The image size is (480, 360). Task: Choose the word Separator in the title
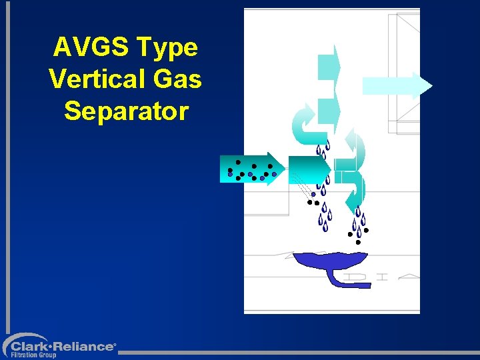coord(127,111)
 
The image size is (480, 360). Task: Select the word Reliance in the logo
coord(85,347)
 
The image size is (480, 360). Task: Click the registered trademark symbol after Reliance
coord(115,344)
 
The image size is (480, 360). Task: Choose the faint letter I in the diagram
coord(381,276)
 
